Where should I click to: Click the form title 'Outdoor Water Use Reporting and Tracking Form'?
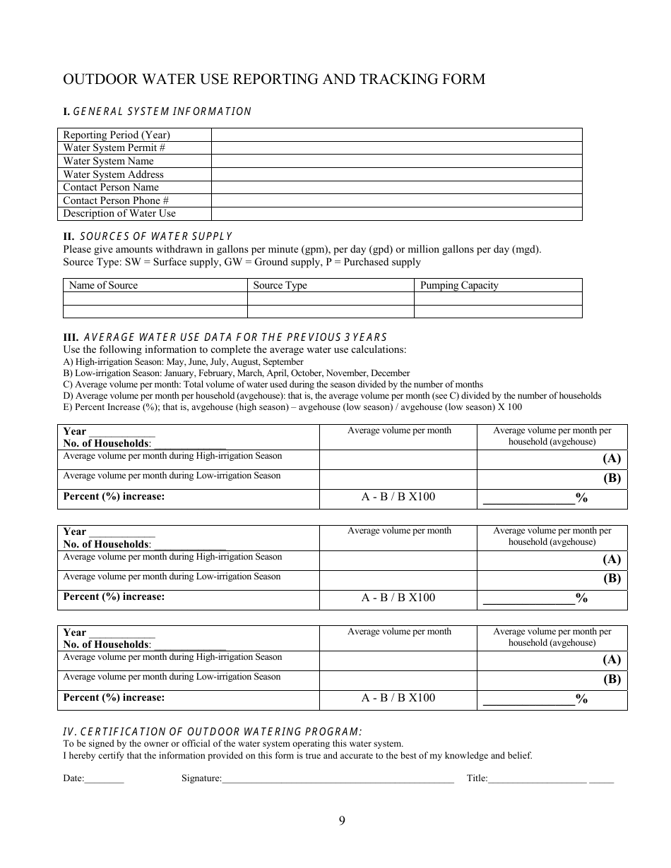(x=274, y=79)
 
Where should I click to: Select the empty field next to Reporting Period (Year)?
(x=396, y=135)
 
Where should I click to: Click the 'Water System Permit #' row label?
(x=114, y=148)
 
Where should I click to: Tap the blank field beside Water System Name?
(x=396, y=161)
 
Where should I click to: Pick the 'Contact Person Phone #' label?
(x=116, y=200)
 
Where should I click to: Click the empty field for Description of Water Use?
(x=396, y=214)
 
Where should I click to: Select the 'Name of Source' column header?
(x=103, y=286)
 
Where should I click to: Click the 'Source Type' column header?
(x=280, y=286)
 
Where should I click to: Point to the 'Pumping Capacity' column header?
(x=459, y=286)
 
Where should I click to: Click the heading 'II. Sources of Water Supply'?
(x=148, y=236)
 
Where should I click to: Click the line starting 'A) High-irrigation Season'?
(x=184, y=362)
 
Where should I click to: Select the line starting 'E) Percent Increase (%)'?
(x=292, y=406)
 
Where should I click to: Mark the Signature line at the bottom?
(x=338, y=780)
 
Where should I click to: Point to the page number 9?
(x=342, y=820)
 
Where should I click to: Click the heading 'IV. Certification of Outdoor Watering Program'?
(x=213, y=732)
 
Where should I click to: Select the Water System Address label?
(x=113, y=174)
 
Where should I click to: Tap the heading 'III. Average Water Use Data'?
(x=225, y=337)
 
